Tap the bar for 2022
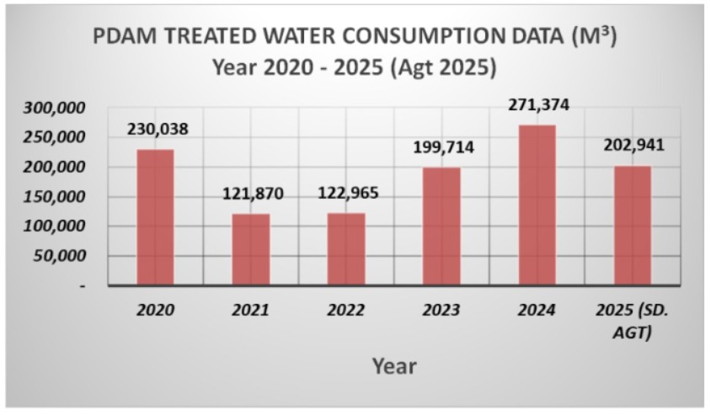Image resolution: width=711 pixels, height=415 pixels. pos(346,249)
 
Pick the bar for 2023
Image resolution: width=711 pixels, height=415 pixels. pos(441,226)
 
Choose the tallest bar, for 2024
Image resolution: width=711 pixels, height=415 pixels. pos(537,205)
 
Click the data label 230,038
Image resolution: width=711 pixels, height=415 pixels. pos(158,130)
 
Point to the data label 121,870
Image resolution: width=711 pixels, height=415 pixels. pos(253,194)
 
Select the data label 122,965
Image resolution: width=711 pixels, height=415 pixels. pos(348,193)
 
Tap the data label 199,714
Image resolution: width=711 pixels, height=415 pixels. pos(443,148)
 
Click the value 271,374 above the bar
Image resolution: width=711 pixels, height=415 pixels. pos(538,105)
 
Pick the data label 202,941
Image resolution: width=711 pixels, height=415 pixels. pos(633,145)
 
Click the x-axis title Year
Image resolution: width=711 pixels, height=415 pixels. pos(396,366)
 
